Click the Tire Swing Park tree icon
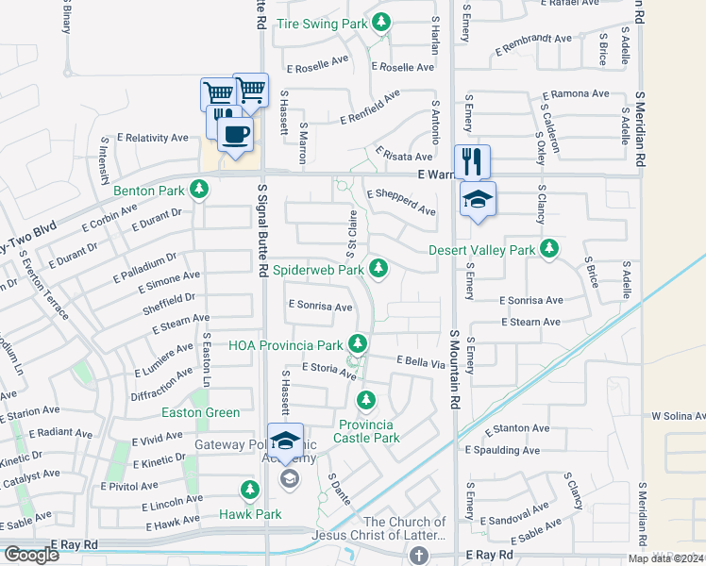(x=380, y=21)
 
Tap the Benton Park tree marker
(x=198, y=191)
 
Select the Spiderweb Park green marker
(x=378, y=270)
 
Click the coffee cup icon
(x=235, y=133)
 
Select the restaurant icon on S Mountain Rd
(x=472, y=160)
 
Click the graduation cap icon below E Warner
(x=478, y=199)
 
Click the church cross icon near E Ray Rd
(x=418, y=556)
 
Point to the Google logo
(x=30, y=555)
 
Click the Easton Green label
(x=201, y=412)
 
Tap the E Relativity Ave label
(x=153, y=138)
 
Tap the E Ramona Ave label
(x=577, y=94)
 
